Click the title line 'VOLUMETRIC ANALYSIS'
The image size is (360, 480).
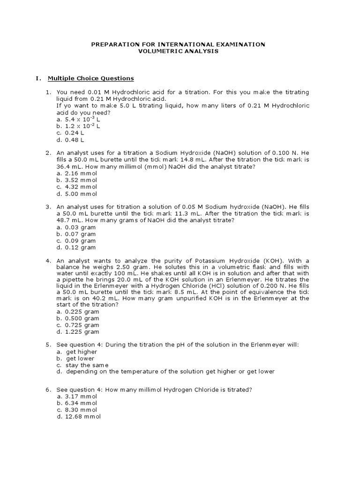point(178,51)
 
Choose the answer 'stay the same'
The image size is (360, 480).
point(87,365)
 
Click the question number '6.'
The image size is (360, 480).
point(48,390)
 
